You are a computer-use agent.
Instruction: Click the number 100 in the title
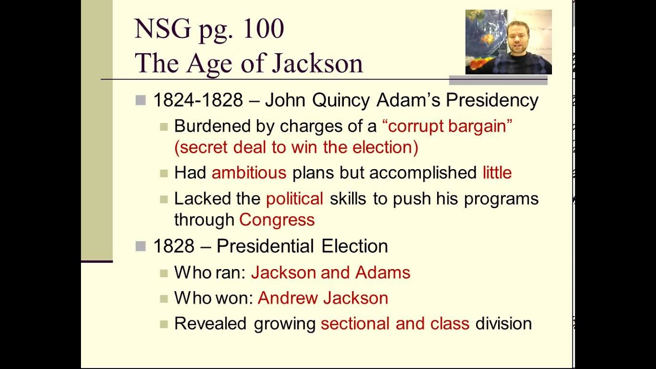click(263, 29)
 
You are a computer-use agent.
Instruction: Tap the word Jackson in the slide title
click(317, 64)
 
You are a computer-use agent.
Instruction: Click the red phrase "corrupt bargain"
click(447, 126)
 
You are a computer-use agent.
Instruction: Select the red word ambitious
click(249, 173)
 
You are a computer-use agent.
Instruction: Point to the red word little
click(497, 173)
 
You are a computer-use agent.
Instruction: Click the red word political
click(294, 199)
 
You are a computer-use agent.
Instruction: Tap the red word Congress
click(277, 220)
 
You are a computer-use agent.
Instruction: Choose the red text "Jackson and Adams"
click(331, 273)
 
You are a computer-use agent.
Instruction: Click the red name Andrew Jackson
click(323, 298)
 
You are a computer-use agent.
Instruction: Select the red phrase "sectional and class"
click(395, 324)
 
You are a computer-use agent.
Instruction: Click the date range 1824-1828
click(198, 100)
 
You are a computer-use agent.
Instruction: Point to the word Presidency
click(492, 100)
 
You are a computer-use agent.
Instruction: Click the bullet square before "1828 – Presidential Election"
click(140, 247)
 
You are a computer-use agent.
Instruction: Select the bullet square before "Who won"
click(163, 298)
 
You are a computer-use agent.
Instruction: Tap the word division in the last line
click(503, 324)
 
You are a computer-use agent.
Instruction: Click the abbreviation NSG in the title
click(162, 29)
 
